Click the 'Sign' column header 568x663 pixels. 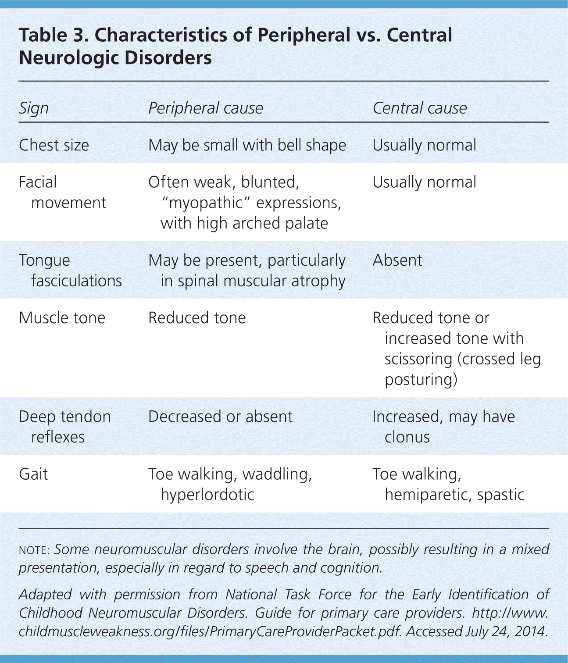[x=34, y=108]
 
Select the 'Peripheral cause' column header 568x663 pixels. [x=205, y=108]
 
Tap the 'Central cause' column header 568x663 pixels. [x=419, y=108]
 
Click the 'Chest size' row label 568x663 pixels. [x=54, y=145]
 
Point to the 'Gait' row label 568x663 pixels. [x=33, y=474]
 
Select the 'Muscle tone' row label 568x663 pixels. [x=62, y=317]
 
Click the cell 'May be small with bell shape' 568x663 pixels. [x=247, y=145]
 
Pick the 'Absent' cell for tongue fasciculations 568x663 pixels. [x=397, y=260]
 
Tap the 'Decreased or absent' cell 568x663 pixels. [x=220, y=416]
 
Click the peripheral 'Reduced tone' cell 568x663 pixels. [x=197, y=317]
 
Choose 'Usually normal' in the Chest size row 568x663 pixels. [x=424, y=145]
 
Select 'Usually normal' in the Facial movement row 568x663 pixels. [x=424, y=182]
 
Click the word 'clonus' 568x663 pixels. [x=407, y=437]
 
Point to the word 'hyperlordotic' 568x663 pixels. [x=207, y=495]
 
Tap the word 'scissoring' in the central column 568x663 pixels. [x=418, y=359]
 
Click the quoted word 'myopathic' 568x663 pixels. [x=206, y=203]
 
